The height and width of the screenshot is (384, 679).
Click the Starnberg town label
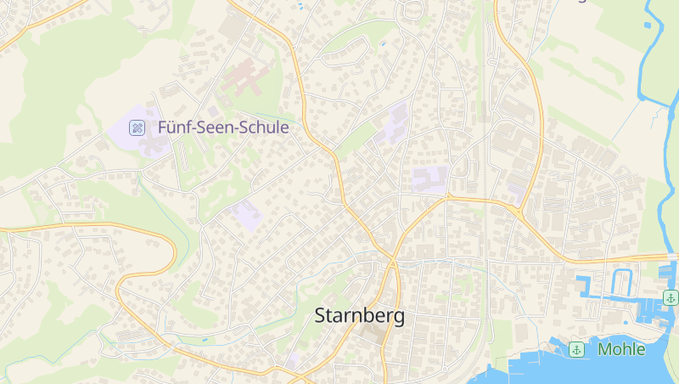coord(359,316)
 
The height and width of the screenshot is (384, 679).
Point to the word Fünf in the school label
coord(173,128)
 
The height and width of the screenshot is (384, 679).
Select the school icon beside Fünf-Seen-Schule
coord(136,128)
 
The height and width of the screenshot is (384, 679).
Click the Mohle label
coord(621,349)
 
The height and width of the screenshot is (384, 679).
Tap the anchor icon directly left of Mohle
coord(577,349)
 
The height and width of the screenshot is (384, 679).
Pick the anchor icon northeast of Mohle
coord(671,297)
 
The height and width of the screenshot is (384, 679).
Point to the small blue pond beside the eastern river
coord(648,25)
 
